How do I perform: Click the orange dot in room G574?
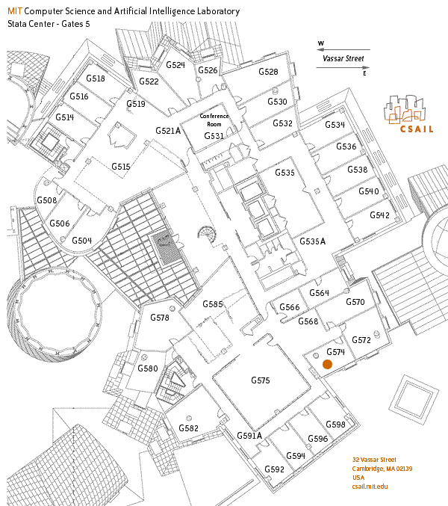pyautogui.click(x=327, y=365)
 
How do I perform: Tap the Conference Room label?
pyautogui.click(x=214, y=120)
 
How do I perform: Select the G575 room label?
pyautogui.click(x=260, y=380)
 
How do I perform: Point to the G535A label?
pyautogui.click(x=313, y=241)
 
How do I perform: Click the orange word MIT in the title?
pyautogui.click(x=15, y=12)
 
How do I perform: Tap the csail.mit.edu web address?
pyautogui.click(x=370, y=486)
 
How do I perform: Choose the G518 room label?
pyautogui.click(x=96, y=78)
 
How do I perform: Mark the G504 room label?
pyautogui.click(x=81, y=241)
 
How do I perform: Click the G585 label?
pyautogui.click(x=213, y=304)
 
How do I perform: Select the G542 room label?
pyautogui.click(x=379, y=215)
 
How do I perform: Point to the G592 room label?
pyautogui.click(x=275, y=469)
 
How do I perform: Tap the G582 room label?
pyautogui.click(x=189, y=428)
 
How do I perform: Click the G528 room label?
pyautogui.click(x=268, y=72)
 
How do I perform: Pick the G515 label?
pyautogui.click(x=121, y=167)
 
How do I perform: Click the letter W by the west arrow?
pyautogui.click(x=320, y=43)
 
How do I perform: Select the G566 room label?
pyautogui.click(x=289, y=308)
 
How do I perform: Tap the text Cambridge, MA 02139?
pyautogui.click(x=382, y=469)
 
